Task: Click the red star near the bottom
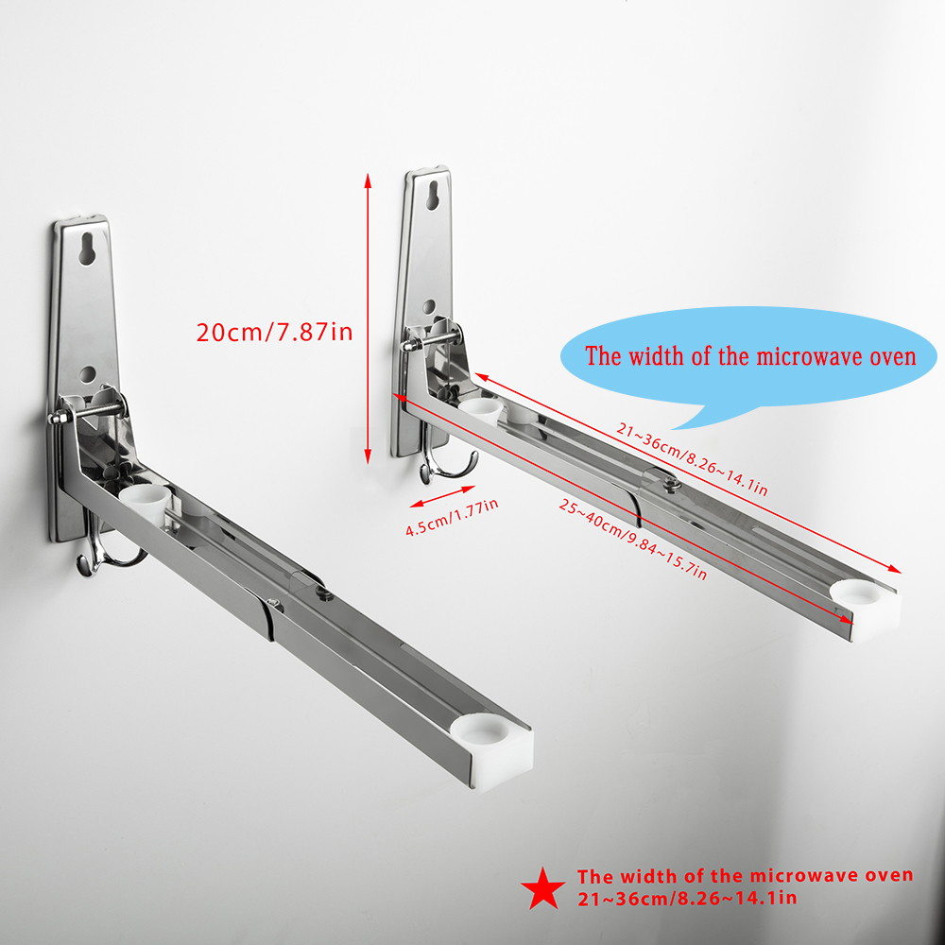tap(543, 889)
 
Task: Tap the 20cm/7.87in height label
tap(274, 332)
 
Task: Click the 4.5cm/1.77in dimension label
tap(452, 517)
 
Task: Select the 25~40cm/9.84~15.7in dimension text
tap(632, 540)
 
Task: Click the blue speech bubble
tap(747, 360)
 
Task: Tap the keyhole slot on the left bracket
tap(86, 249)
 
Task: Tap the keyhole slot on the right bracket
tap(432, 196)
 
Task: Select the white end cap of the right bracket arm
tap(866, 605)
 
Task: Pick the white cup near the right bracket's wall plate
tap(481, 410)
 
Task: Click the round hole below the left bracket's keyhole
tap(87, 373)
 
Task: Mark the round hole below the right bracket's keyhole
tap(428, 307)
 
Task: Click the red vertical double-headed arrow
tap(368, 318)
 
